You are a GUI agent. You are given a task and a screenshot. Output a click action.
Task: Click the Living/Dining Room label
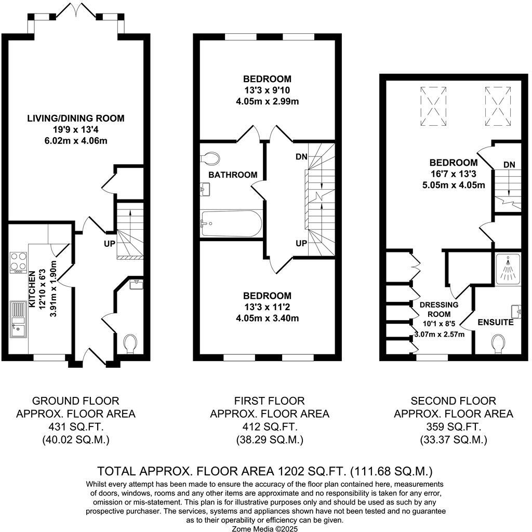pyautogui.click(x=76, y=118)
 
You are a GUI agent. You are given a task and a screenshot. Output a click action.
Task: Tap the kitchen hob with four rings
pyautogui.click(x=18, y=262)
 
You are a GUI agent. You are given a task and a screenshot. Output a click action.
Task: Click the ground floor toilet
pyautogui.click(x=129, y=343)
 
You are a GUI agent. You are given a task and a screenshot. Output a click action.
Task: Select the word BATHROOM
pyautogui.click(x=233, y=175)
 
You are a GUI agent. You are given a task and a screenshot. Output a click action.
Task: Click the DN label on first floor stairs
pyautogui.click(x=301, y=156)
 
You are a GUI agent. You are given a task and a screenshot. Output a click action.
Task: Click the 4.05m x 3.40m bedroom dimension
pyautogui.click(x=267, y=318)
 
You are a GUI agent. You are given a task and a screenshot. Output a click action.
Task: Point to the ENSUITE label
pyautogui.click(x=496, y=323)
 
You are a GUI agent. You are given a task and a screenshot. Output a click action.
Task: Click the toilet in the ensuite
pyautogui.click(x=498, y=343)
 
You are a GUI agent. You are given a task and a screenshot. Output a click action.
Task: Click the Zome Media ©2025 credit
pyautogui.click(x=265, y=527)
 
